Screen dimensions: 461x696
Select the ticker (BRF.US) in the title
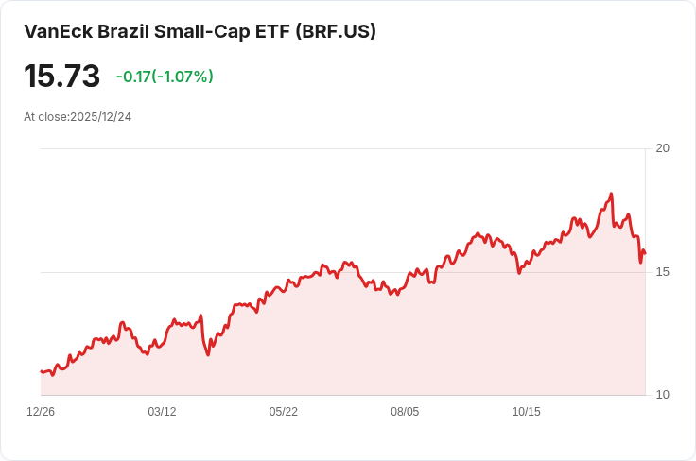click(x=336, y=31)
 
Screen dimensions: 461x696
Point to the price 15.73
click(x=61, y=77)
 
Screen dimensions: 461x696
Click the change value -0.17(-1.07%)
click(x=165, y=77)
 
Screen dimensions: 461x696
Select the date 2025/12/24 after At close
click(x=100, y=117)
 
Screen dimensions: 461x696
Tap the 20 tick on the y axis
click(x=662, y=148)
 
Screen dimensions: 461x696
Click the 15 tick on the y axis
click(x=662, y=272)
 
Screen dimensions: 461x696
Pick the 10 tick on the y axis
click(x=662, y=395)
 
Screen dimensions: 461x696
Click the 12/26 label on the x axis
click(x=41, y=412)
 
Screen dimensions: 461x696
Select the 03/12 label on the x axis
click(x=162, y=412)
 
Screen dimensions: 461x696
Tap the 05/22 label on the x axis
click(x=283, y=412)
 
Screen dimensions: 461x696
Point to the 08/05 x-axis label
click(x=405, y=412)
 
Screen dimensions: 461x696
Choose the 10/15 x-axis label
click(x=526, y=412)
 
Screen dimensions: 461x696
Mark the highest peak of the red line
click(x=612, y=194)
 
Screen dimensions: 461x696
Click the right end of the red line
click(x=645, y=252)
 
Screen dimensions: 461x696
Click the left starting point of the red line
click(x=41, y=371)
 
